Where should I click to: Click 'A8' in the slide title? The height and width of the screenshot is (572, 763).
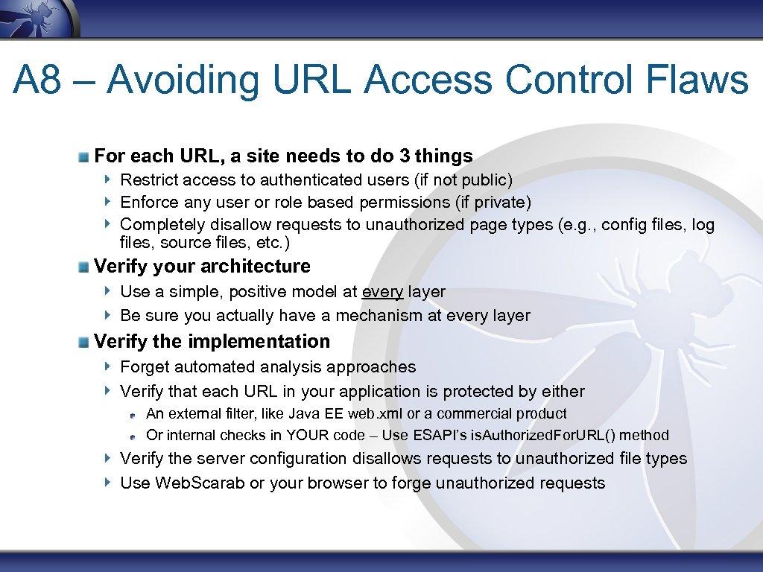coord(37,80)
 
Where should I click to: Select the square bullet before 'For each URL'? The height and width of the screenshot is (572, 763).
coord(86,157)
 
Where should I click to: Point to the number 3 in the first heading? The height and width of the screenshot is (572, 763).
coord(405,156)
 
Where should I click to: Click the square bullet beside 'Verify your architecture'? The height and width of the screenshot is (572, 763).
coord(86,267)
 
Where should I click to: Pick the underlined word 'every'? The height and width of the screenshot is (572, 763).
coord(382,292)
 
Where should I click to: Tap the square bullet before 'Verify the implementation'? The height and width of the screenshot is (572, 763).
coord(86,342)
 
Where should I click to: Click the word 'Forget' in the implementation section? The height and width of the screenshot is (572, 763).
coord(145,367)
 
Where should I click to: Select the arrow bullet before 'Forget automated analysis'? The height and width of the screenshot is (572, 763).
coord(108,366)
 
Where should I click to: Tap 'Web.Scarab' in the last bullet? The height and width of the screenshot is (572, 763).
coord(200,483)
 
